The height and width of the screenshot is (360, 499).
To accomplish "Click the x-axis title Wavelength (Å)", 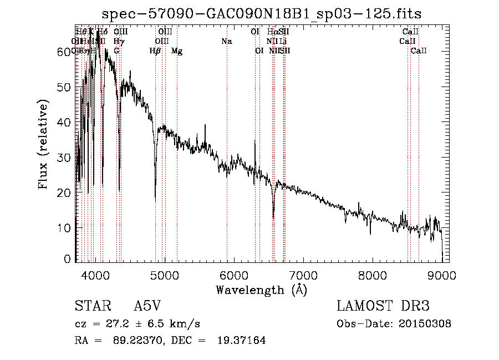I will [261, 290].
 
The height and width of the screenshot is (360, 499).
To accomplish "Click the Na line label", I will [226, 42].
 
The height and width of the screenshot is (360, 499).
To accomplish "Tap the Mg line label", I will [177, 51].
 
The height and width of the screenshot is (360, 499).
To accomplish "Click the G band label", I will [116, 51].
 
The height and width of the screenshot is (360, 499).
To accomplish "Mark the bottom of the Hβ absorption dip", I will [155, 199].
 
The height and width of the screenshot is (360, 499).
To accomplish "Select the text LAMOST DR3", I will [383, 307].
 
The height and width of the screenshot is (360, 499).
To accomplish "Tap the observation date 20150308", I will [425, 324].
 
